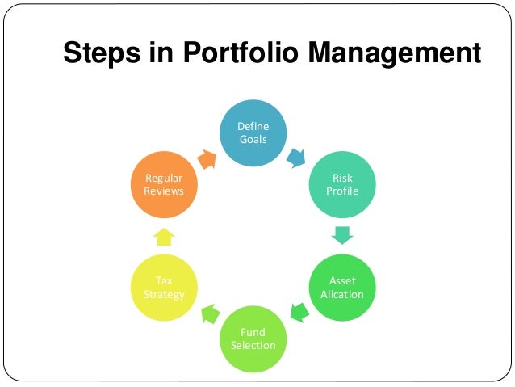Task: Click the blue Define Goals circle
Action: [x=253, y=133]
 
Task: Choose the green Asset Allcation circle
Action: [x=341, y=288]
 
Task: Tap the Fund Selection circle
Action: [x=253, y=339]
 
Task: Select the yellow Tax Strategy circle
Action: [x=164, y=288]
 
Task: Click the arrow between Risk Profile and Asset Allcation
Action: [x=342, y=235]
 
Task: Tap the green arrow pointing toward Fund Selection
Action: [x=298, y=311]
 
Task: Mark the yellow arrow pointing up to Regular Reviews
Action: [x=164, y=236]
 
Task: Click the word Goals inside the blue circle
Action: [x=253, y=139]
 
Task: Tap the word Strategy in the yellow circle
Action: [x=164, y=294]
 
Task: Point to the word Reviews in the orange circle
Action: [x=164, y=191]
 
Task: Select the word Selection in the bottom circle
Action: [x=253, y=346]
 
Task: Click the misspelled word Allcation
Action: [x=341, y=294]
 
